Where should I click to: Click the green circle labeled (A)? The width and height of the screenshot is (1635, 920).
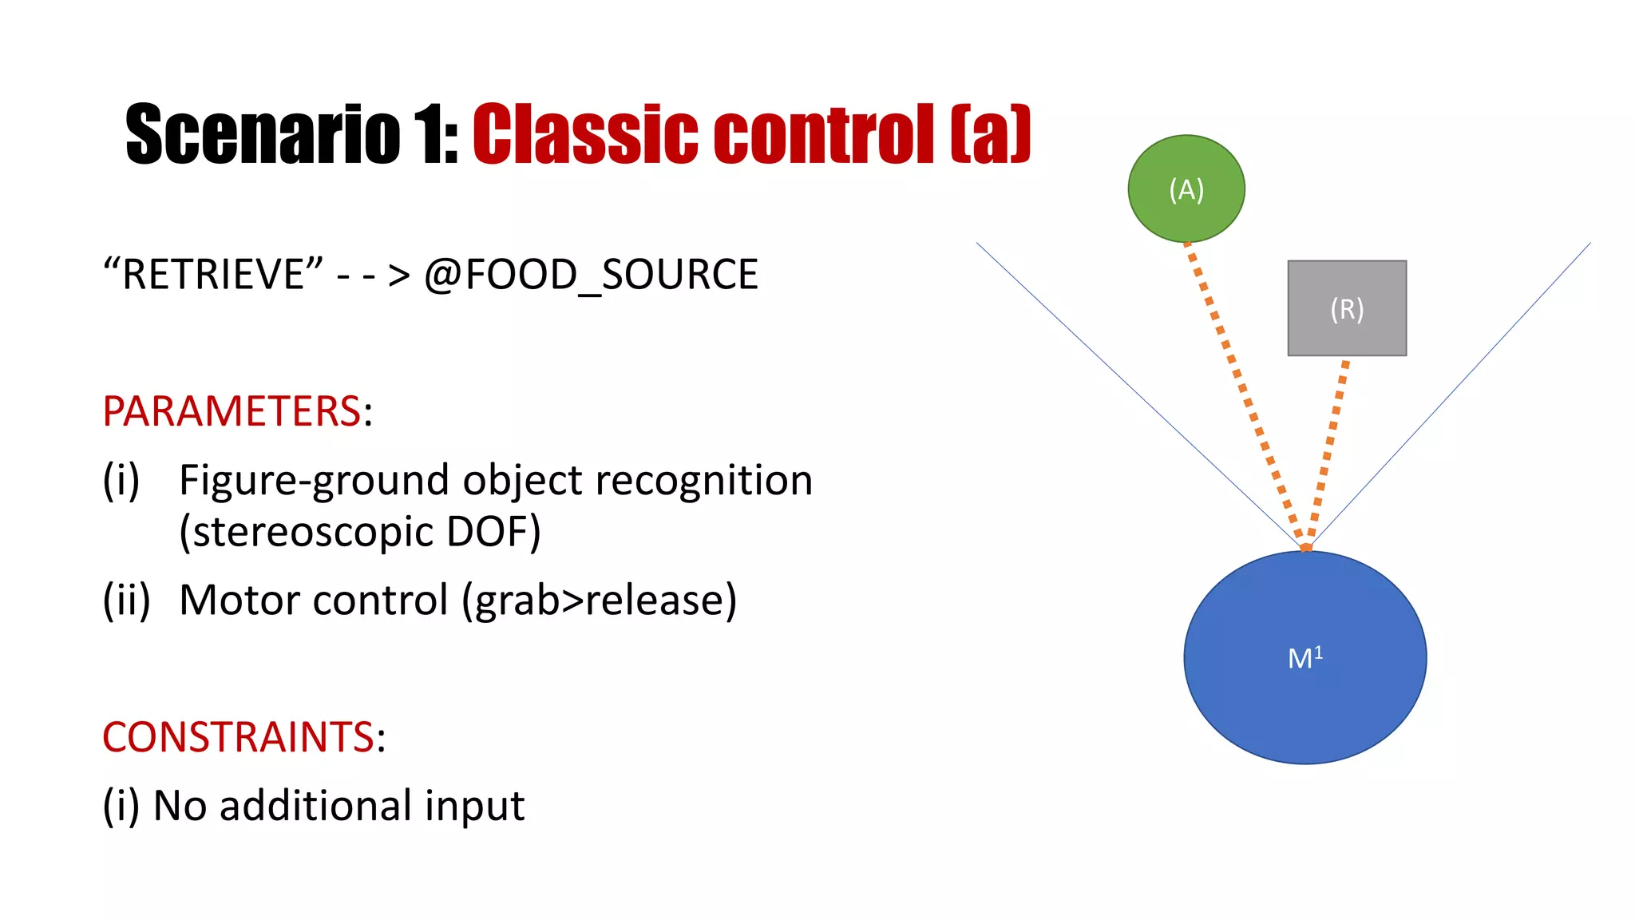1186,189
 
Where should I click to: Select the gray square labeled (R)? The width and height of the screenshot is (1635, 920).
1347,308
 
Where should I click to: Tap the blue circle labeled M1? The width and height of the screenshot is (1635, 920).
1305,658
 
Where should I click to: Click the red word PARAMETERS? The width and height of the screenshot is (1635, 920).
232,412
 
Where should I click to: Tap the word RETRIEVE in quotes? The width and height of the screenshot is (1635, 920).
214,275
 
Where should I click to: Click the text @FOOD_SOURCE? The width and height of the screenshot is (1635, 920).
591,276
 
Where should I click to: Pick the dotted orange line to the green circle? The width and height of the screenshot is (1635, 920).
1243,391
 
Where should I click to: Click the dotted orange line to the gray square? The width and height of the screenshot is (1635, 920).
1329,447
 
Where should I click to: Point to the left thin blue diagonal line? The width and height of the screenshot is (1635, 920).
1134,391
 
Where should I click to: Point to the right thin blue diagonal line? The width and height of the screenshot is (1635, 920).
1453,391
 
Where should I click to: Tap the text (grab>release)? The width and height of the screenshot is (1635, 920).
599,601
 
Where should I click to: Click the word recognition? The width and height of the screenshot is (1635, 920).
703,481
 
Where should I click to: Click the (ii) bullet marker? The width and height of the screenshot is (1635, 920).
127,600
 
